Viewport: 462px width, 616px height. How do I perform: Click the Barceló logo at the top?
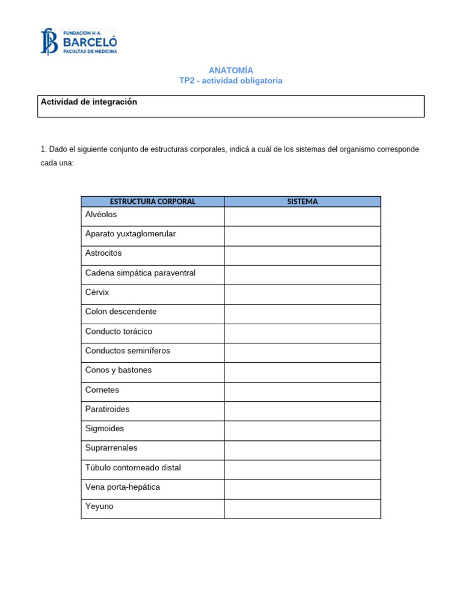coord(79,42)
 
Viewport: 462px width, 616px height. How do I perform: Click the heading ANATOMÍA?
coord(230,70)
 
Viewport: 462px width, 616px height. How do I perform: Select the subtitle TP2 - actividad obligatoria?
coord(230,81)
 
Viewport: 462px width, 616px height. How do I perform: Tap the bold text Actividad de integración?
coord(89,102)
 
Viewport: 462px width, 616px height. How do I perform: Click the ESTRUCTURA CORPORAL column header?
coord(153,202)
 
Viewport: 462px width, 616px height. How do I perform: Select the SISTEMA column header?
coord(303,202)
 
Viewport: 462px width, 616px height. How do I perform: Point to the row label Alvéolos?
coord(101,214)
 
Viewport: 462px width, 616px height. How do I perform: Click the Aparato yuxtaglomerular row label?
coord(131,233)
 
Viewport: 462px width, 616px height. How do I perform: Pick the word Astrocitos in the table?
coord(103,253)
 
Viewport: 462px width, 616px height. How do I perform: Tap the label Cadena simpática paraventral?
coord(140,273)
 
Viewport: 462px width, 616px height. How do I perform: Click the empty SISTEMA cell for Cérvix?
coord(303,294)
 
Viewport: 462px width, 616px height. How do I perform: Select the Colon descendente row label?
coord(121,312)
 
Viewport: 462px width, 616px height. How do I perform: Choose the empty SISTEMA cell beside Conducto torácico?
coord(303,333)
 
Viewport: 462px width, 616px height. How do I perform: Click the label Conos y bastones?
coord(119,370)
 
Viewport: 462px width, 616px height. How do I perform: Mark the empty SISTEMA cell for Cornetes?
coord(303,392)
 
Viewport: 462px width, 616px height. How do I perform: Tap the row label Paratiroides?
coord(108,409)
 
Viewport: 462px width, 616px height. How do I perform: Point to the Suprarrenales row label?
coord(111,448)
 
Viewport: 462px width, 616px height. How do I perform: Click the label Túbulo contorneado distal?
coord(133,467)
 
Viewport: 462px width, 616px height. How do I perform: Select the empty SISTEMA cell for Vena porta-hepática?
coord(303,489)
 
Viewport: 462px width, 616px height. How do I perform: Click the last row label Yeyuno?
coord(99,507)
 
